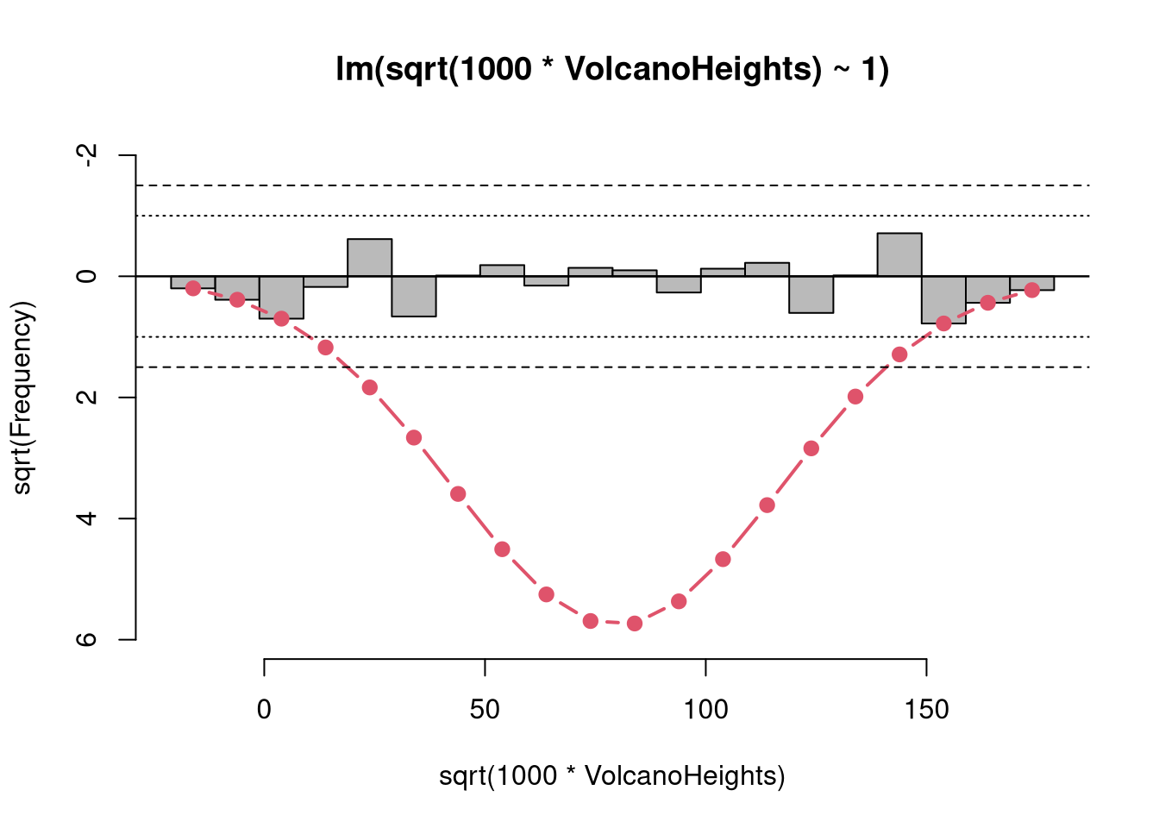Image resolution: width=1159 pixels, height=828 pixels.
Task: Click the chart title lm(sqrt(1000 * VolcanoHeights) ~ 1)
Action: pos(612,69)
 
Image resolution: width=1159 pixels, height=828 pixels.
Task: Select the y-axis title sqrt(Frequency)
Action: pos(22,398)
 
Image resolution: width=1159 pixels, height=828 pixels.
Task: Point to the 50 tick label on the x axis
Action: pos(485,710)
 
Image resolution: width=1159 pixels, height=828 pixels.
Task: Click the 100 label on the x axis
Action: pos(705,710)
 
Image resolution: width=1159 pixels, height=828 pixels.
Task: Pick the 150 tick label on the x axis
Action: pos(926,710)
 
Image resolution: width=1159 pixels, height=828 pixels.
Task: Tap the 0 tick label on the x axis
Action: pos(264,710)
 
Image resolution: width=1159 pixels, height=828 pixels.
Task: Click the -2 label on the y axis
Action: pos(86,155)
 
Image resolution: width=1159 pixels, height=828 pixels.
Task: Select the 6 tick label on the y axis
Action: pos(86,640)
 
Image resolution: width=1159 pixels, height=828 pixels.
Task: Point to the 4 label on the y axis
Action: pos(86,518)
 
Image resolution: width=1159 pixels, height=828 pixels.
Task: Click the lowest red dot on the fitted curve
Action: pos(635,624)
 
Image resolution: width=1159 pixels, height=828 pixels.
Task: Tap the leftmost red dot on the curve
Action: pos(193,288)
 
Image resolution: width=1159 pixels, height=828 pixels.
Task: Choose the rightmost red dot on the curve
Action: pos(1031,290)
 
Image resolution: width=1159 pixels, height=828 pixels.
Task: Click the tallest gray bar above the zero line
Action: pos(899,254)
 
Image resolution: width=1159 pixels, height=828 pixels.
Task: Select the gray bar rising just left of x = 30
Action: pos(369,257)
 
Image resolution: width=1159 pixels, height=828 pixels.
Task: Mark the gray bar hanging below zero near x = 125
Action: pos(811,294)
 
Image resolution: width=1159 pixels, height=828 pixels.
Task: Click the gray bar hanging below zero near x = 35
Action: pos(413,296)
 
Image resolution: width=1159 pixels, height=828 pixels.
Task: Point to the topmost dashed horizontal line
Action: pos(612,185)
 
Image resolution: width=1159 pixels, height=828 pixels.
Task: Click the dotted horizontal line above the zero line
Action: pos(612,216)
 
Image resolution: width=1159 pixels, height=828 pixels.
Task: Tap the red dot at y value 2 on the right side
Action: pos(855,397)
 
